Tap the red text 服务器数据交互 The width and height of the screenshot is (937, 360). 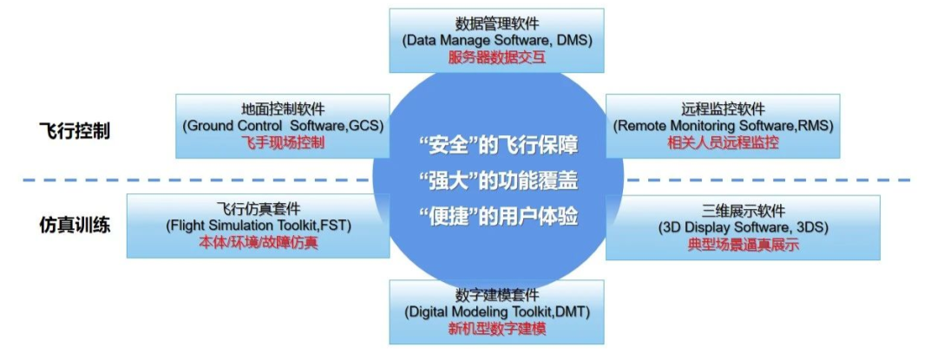point(497,58)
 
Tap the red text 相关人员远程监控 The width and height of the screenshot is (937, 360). point(723,142)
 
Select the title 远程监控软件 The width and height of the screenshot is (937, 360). point(723,109)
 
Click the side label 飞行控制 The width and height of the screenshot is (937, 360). point(75,133)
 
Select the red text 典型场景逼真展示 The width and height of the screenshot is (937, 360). point(743,245)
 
